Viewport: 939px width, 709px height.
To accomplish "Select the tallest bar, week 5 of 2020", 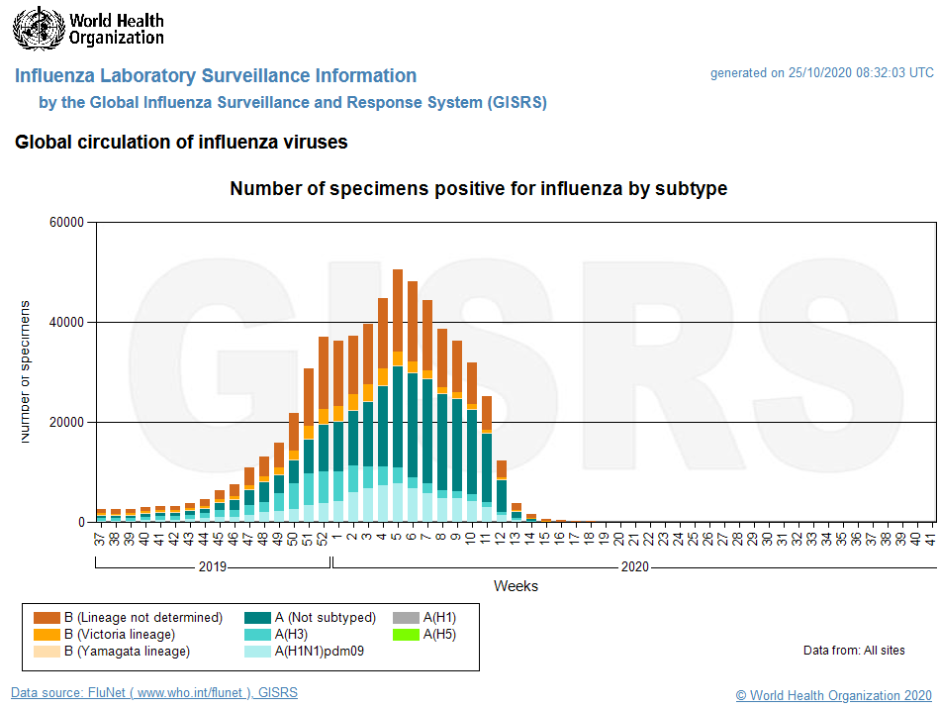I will coord(398,396).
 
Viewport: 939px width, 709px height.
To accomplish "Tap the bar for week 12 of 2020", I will coord(502,491).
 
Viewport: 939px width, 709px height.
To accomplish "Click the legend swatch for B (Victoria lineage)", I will coord(47,635).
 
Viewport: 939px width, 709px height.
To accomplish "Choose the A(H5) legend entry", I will coord(439,635).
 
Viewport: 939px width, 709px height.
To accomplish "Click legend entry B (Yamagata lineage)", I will coord(127,652).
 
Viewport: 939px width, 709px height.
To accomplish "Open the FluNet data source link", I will coord(154,693).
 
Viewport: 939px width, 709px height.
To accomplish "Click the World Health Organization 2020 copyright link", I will coord(833,695).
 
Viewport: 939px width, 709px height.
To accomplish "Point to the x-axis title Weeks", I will coord(516,586).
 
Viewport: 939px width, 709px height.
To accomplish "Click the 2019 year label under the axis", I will coord(213,567).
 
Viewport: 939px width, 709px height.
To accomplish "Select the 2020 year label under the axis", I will coord(634,567).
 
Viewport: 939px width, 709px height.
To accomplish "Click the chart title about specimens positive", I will coord(478,189).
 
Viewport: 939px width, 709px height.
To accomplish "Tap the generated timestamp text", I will coord(821,73).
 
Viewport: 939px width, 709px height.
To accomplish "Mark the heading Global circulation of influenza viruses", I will coord(181,143).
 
